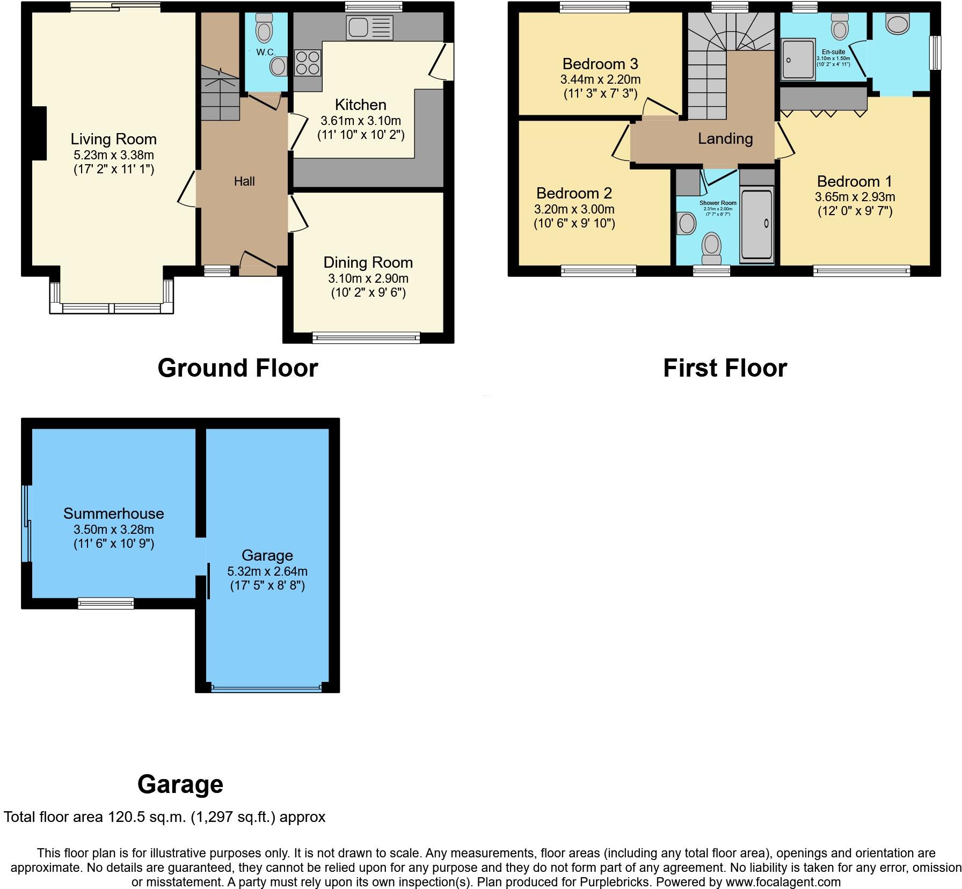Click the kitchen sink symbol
pos(370,28)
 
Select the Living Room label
pos(114,139)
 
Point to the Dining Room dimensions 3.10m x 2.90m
pos(368,278)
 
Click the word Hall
pos(244,181)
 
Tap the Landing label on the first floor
pos(725,139)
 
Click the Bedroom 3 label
pos(600,64)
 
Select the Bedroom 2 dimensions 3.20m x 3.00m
pos(574,209)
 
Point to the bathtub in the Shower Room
pos(756,224)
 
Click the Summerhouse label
pos(114,513)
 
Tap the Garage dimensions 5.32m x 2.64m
pos(267,571)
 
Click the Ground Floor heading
pos(238,368)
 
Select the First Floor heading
pos(725,368)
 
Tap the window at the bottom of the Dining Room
pos(366,337)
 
